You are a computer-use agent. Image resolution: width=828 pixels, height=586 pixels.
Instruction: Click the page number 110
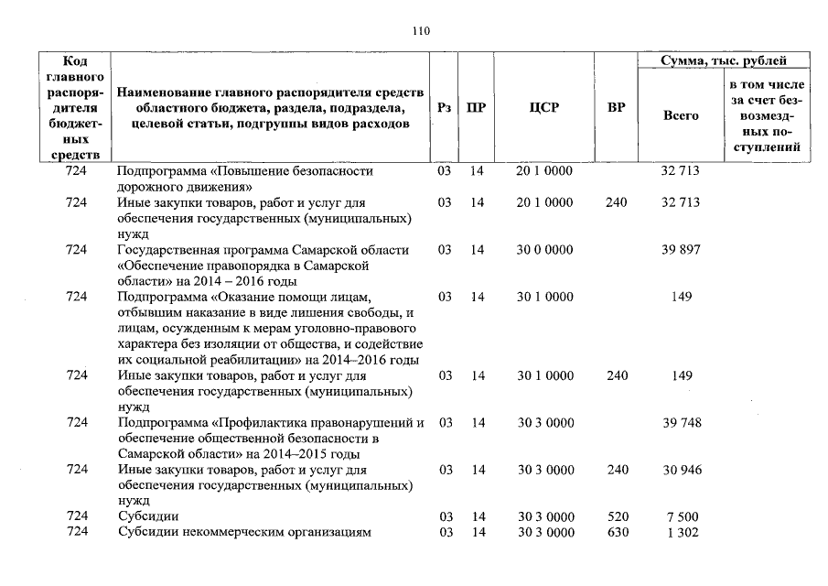[421, 30]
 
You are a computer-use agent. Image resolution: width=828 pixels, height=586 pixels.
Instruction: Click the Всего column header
[680, 115]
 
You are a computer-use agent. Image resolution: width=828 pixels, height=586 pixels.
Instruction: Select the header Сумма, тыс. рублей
[724, 60]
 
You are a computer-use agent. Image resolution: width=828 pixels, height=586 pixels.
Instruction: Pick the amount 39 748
[680, 422]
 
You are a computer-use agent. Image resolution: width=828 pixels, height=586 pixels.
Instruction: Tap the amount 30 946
[680, 471]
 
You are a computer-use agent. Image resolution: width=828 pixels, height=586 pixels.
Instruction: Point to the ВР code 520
[618, 517]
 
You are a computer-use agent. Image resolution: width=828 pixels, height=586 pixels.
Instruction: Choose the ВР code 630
[618, 533]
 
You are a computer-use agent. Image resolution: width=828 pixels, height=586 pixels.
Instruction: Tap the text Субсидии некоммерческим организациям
[244, 533]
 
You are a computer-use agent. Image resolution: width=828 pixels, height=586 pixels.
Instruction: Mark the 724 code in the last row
[77, 533]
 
